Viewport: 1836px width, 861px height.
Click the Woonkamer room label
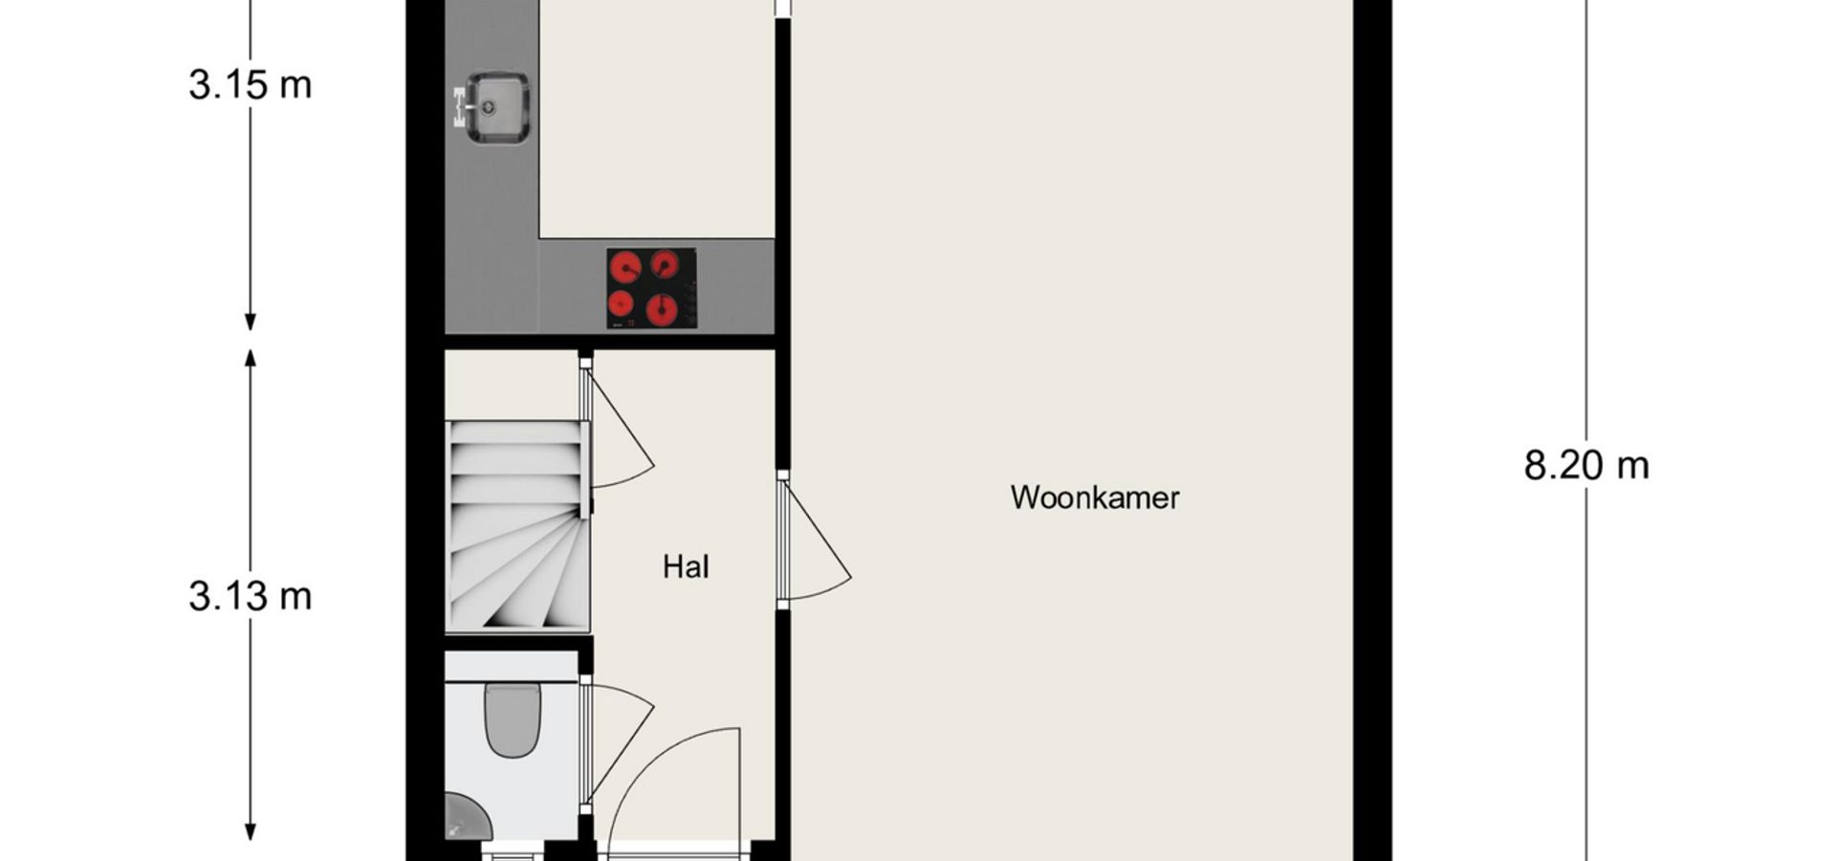[x=1095, y=497]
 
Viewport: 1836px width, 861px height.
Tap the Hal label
[x=686, y=567]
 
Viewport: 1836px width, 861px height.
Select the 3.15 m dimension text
[x=251, y=85]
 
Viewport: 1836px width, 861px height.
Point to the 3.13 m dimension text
[x=251, y=596]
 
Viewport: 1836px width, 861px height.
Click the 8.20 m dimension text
[x=1586, y=466]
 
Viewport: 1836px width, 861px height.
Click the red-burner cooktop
[x=651, y=288]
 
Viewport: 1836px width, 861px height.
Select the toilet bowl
[x=513, y=719]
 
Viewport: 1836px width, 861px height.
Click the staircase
[x=517, y=525]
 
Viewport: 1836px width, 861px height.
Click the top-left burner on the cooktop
[x=624, y=267]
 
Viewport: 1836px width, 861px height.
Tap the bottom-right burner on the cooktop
[x=662, y=310]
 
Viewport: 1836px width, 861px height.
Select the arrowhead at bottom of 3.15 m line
[x=251, y=322]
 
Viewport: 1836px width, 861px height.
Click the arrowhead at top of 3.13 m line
[x=251, y=358]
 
